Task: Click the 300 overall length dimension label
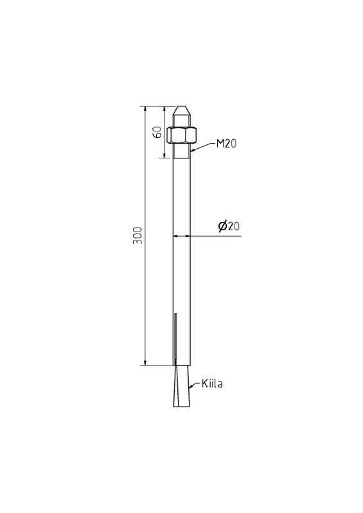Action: click(137, 235)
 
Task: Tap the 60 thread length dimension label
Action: click(157, 132)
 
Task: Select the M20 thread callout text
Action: click(226, 143)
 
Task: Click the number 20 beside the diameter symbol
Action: click(234, 226)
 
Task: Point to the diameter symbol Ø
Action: click(223, 226)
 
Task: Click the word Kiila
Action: click(212, 383)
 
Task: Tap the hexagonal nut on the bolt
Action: click(181, 135)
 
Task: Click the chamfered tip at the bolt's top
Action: click(181, 110)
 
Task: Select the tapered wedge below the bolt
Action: click(181, 386)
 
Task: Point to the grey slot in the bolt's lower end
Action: click(175, 339)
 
